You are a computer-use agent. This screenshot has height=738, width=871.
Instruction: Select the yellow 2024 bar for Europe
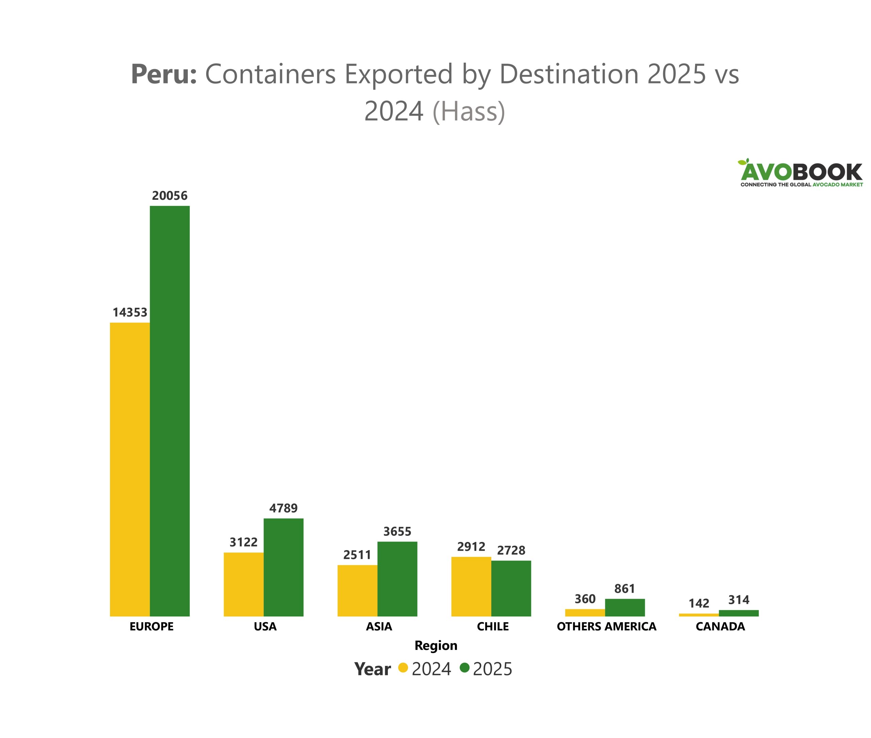[130, 469]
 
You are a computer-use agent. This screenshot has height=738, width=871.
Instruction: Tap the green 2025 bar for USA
[283, 567]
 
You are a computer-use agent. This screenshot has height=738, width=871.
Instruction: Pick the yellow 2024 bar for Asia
[357, 590]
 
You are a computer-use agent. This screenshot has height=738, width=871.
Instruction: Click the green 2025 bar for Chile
[511, 588]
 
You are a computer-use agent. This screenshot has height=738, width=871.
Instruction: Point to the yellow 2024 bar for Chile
[471, 586]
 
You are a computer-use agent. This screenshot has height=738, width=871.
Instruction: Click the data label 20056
[169, 195]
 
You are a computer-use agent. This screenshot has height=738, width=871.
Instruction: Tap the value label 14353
[130, 312]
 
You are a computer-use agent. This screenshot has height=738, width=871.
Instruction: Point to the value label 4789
[283, 508]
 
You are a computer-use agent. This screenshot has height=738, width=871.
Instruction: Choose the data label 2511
[357, 555]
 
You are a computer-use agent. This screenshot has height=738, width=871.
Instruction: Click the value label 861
[624, 589]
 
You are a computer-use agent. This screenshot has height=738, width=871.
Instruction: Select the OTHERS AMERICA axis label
[606, 626]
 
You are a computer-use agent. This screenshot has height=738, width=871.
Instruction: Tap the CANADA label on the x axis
[720, 626]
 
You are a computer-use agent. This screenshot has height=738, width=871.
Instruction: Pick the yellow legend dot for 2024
[403, 667]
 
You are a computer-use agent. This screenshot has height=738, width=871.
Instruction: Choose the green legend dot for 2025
[464, 667]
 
